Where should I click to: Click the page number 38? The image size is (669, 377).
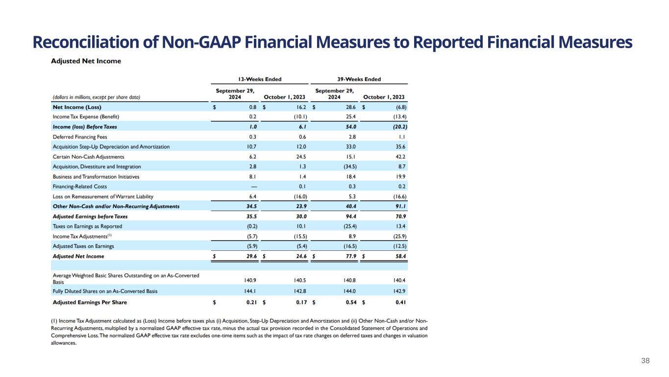tap(645, 361)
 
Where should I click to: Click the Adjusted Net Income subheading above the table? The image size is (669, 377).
tap(86, 61)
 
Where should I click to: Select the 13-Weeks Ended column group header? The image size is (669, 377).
tap(259, 79)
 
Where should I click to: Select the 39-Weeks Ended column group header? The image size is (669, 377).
tap(359, 79)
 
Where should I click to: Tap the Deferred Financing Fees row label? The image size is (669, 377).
tap(79, 136)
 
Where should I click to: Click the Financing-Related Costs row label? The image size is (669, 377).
tap(79, 187)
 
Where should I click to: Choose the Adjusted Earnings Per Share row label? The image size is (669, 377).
tap(90, 302)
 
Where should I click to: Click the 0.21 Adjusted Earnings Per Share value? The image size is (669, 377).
tap(250, 302)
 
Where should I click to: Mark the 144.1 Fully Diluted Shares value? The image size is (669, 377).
tap(250, 291)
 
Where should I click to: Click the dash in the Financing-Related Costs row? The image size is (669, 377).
tap(252, 187)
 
